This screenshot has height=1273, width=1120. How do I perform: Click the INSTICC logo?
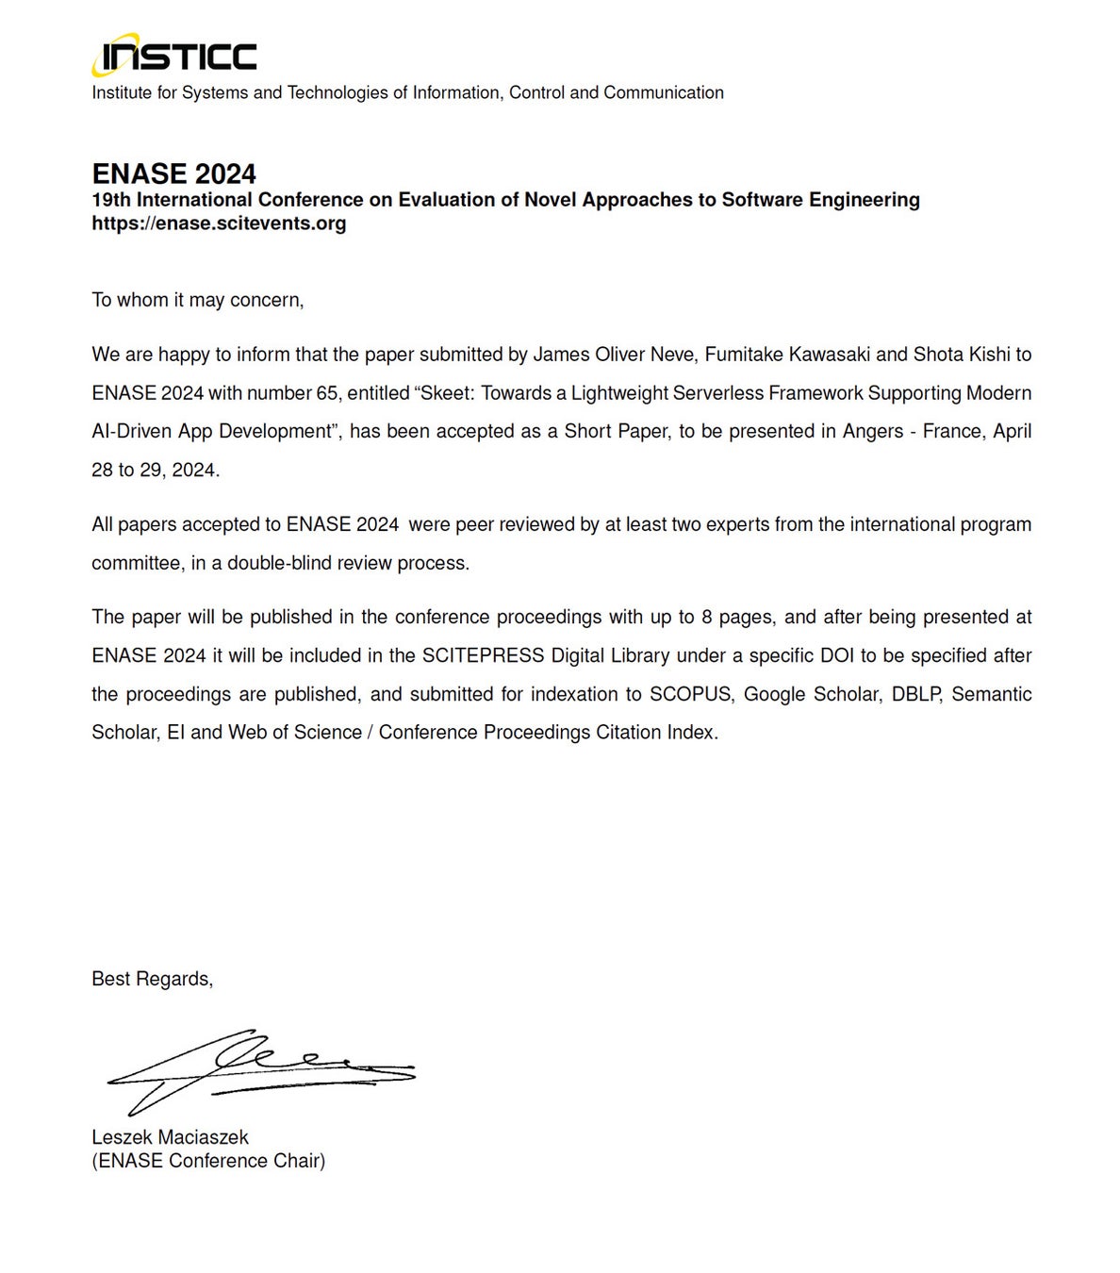tap(174, 57)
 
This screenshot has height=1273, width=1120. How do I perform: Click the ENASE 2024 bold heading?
tap(173, 174)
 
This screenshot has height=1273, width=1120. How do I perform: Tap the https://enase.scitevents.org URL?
tap(219, 223)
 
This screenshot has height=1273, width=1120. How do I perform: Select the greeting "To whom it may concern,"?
tap(198, 300)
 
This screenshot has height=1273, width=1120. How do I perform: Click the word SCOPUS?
tap(690, 694)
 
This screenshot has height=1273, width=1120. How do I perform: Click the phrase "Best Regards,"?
tap(152, 979)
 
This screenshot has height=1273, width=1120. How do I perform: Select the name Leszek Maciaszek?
tap(170, 1137)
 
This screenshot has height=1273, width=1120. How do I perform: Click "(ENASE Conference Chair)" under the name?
tap(208, 1161)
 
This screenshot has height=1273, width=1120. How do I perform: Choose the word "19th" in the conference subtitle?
tap(110, 200)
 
